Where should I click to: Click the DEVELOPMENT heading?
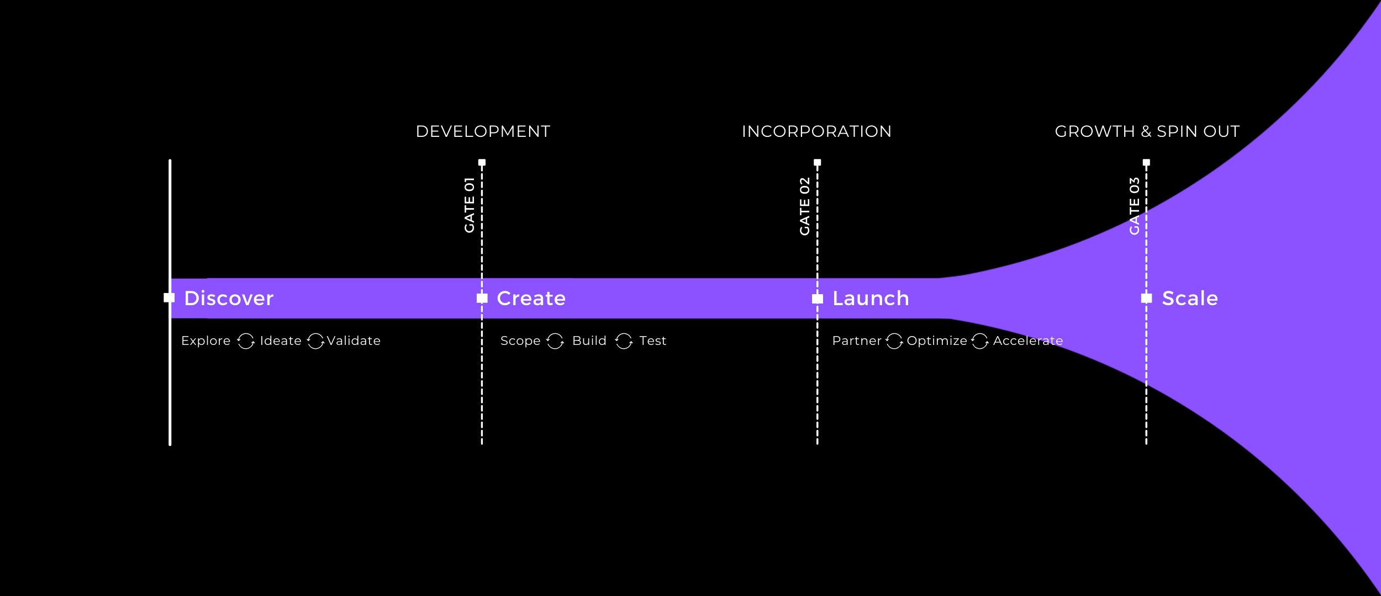483,131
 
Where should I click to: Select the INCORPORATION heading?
816,131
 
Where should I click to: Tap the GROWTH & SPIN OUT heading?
1147,131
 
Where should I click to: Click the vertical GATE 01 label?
470,205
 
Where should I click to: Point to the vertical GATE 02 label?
805,206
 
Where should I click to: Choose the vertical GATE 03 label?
1134,206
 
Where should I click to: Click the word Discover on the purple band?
229,299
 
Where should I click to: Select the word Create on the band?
531,299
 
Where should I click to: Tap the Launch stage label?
871,299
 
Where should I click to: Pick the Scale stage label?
1190,299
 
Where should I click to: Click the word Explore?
205,341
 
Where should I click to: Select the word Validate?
354,341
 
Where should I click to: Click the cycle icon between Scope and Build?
555,341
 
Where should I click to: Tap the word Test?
652,341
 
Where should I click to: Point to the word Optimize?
937,341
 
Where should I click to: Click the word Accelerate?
1027,341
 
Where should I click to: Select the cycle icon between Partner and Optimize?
894,341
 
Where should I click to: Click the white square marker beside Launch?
818,299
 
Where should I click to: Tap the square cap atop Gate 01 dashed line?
482,162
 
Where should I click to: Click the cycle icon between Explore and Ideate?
246,341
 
